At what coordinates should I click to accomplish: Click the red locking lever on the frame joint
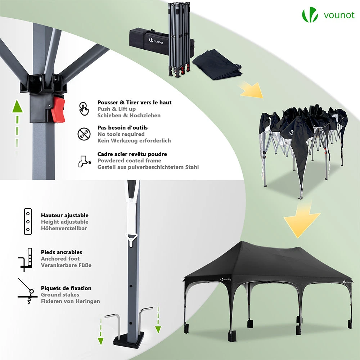point(58,109)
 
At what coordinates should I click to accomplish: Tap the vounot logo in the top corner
point(328,15)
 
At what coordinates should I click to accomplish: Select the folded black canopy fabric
point(217,65)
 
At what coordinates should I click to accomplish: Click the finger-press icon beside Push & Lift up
point(84,109)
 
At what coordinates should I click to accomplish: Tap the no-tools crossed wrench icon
point(84,134)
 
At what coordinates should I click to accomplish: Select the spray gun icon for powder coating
point(84,161)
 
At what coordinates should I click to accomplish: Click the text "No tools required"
point(121,134)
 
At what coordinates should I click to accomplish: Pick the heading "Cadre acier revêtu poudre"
point(132,154)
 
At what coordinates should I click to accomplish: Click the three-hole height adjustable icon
point(28,221)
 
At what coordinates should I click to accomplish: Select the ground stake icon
point(27,291)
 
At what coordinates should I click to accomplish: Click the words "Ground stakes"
point(60,294)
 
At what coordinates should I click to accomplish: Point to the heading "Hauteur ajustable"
point(65,215)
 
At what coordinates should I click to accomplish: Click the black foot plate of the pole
point(129,339)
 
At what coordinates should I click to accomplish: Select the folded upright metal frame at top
point(179,39)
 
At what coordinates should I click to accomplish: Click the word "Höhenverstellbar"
point(64,228)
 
